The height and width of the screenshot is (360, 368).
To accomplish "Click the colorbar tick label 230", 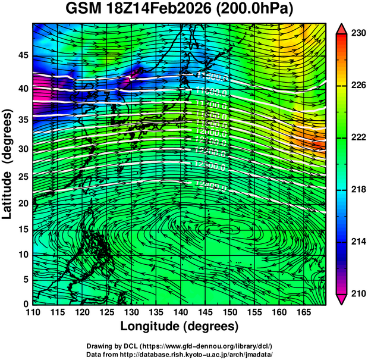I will pos(357,34).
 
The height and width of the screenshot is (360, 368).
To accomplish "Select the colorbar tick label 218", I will pos(357,189).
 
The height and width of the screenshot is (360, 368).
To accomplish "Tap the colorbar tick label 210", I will pos(357,293).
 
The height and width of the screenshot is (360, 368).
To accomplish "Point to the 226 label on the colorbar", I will pos(357,86).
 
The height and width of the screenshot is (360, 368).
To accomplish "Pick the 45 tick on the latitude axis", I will pos(23,55).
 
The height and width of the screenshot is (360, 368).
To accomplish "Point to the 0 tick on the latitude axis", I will pos(26,303).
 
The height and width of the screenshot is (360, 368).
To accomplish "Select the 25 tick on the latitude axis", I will pos(23,177).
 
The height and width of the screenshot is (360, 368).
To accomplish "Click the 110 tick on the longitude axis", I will pos(33,312).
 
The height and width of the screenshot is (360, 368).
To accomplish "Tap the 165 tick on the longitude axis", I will pos(303,312).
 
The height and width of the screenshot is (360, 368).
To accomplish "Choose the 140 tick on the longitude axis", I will pos(180,312).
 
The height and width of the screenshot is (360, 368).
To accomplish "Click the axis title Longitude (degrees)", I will pos(180,326).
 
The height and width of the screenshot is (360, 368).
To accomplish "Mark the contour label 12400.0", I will pos(210,186).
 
